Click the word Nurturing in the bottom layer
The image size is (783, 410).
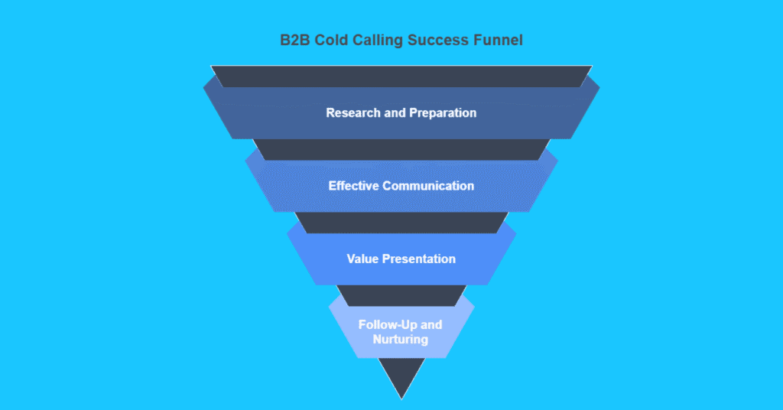pyautogui.click(x=401, y=339)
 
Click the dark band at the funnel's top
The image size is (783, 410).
pyautogui.click(x=401, y=76)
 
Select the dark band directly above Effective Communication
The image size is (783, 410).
pyautogui.click(x=401, y=149)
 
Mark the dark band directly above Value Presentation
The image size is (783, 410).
pyautogui.click(x=401, y=222)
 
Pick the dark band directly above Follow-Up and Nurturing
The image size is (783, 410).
pyautogui.click(x=401, y=294)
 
